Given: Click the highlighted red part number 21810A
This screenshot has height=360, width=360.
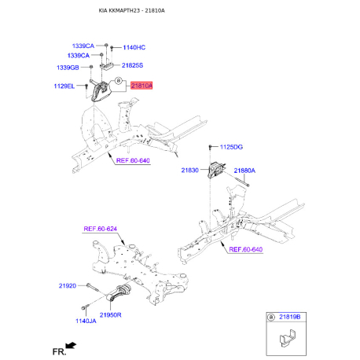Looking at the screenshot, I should point(142,84).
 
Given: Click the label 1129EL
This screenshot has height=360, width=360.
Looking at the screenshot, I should point(64,85).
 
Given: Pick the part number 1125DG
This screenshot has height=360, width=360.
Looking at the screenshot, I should point(232,147).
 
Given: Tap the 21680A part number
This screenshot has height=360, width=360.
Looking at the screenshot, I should point(244,170).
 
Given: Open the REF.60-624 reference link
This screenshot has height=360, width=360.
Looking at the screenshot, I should point(101,229).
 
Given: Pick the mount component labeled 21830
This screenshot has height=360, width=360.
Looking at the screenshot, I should point(216,171).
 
